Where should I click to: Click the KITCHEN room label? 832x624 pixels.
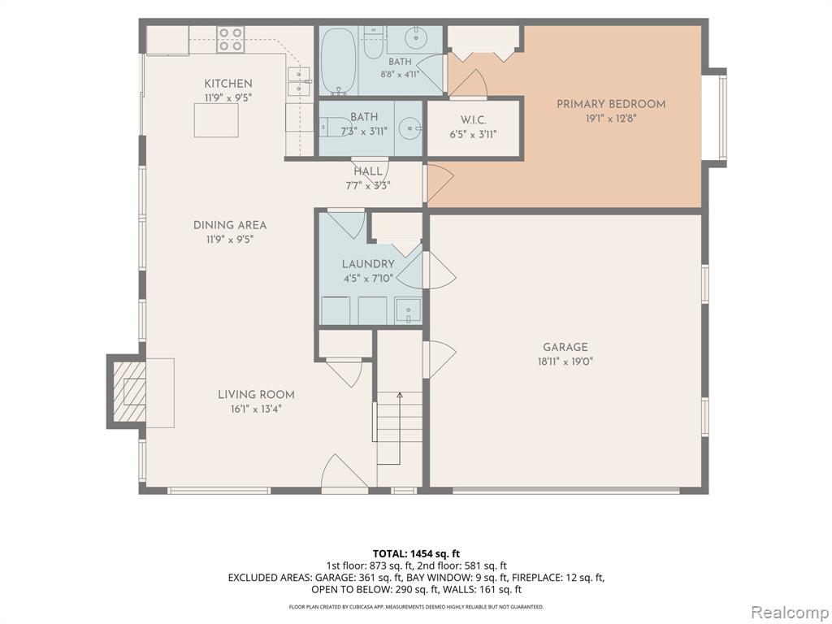tap(228, 84)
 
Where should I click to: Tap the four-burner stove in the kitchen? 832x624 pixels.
tap(230, 39)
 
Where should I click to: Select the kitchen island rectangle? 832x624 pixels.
tap(216, 120)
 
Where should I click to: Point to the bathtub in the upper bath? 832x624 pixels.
tap(339, 60)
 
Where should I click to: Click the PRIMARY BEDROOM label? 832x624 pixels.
tap(611, 104)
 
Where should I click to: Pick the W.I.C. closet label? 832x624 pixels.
tap(474, 120)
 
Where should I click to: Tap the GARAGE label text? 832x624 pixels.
tap(565, 347)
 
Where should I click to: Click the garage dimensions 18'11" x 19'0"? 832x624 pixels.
tap(565, 362)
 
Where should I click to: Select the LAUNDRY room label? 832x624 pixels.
tap(368, 264)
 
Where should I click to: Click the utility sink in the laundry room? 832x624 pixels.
tap(408, 311)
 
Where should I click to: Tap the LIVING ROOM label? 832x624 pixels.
tap(256, 395)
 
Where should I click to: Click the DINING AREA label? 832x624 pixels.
tap(230, 225)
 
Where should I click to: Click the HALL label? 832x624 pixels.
tap(368, 171)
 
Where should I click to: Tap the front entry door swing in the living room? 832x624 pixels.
tap(344, 471)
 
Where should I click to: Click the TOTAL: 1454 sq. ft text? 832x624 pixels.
tap(416, 554)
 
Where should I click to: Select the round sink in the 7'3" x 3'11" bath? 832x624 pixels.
tap(409, 128)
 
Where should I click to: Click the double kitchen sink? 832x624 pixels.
tap(299, 82)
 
